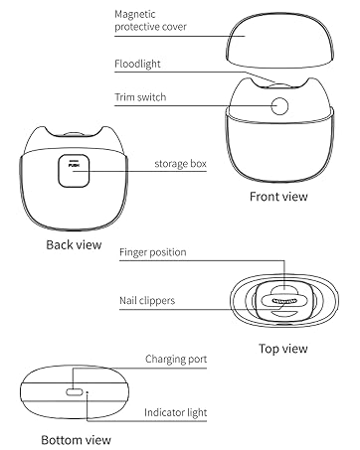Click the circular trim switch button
[x=279, y=106]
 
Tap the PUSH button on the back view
[x=74, y=171]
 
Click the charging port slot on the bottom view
[x=75, y=392]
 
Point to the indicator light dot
[x=88, y=392]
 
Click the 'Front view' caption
[x=278, y=197]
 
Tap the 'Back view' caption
[x=74, y=244]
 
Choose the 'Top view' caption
[x=283, y=349]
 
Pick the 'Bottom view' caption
[x=76, y=440]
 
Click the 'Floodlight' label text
[x=137, y=64]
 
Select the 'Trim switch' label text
[x=140, y=97]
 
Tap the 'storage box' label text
[x=180, y=164]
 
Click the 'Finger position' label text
[x=153, y=252]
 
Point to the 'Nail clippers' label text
[x=147, y=300]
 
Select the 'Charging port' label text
[x=176, y=359]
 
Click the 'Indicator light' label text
[x=175, y=412]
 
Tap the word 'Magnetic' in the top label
[x=135, y=14]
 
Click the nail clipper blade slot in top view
[x=285, y=301]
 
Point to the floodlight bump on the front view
[x=279, y=85]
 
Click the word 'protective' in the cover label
[x=135, y=27]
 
